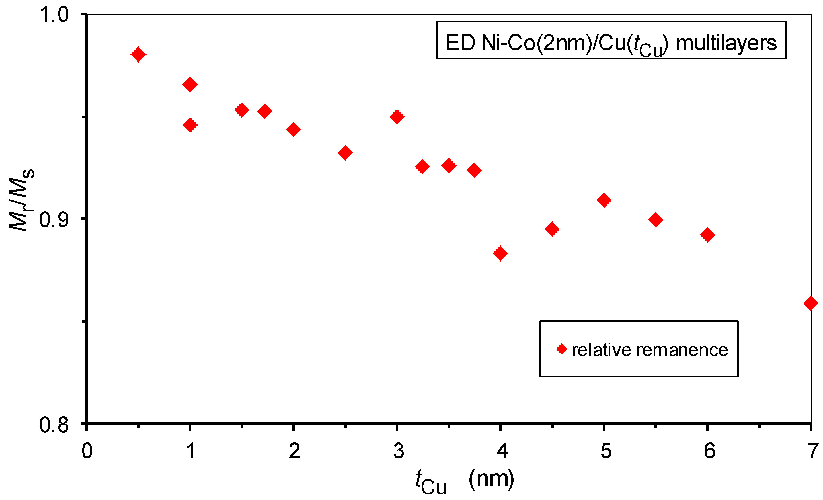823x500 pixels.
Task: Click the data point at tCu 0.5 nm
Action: point(138,54)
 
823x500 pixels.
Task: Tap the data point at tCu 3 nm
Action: point(397,117)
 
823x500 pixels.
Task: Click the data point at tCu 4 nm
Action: point(500,253)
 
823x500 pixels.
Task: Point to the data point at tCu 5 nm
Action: point(604,200)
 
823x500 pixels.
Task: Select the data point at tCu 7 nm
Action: point(811,303)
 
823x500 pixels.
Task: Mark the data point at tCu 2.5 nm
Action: point(345,153)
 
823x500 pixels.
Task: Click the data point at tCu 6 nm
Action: point(707,235)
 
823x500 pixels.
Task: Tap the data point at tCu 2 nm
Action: point(294,130)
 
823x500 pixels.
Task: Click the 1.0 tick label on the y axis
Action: point(54,15)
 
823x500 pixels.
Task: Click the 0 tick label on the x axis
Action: point(87,451)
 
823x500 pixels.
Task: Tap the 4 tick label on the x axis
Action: point(502,451)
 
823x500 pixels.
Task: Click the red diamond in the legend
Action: point(561,349)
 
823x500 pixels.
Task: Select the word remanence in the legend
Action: point(682,350)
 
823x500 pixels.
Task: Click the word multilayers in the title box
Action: point(726,43)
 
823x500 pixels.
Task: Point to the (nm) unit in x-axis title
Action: point(491,479)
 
